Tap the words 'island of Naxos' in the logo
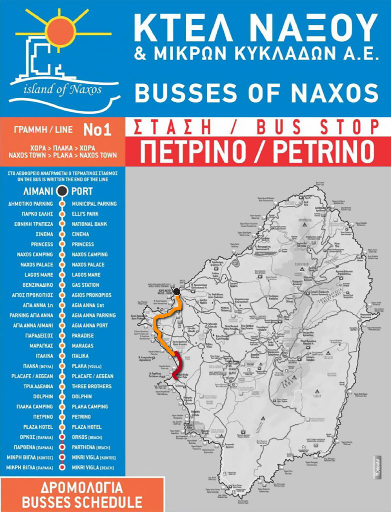tap(63, 89)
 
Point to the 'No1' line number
tap(97, 130)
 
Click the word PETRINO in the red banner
tap(323, 151)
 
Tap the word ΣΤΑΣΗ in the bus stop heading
tap(173, 127)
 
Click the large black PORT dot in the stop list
tap(62, 191)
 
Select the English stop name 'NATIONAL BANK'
tap(89, 224)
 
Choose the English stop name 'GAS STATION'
tap(86, 285)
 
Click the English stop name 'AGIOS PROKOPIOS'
tap(92, 295)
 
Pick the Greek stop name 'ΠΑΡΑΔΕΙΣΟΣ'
tap(39, 336)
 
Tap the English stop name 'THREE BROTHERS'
tap(92, 386)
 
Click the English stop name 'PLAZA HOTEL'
tap(87, 427)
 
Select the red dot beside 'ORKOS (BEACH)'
tap(62, 437)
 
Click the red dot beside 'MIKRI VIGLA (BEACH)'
tap(62, 467)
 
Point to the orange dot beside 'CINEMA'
tap(62, 234)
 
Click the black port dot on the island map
tap(177, 292)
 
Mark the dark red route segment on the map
tap(179, 365)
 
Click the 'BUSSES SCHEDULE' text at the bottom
tap(82, 502)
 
